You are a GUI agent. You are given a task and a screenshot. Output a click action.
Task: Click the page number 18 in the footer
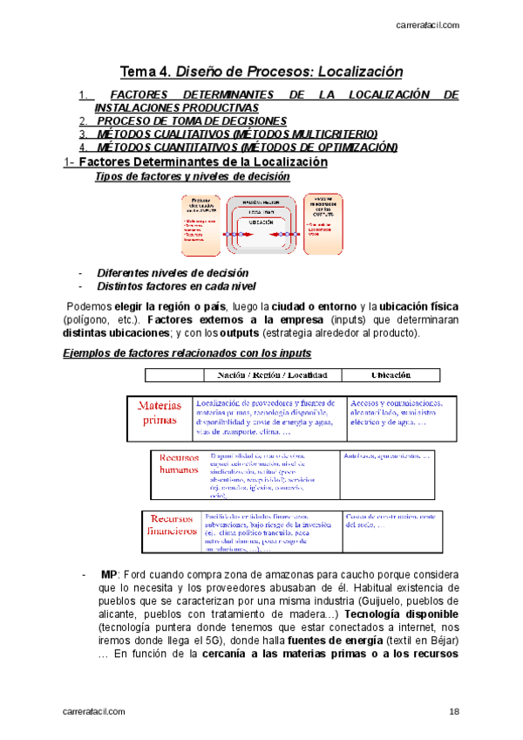[x=454, y=713]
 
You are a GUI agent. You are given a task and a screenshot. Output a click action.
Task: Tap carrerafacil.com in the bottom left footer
[x=94, y=713]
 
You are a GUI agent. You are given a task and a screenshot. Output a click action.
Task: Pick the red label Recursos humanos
[x=179, y=463]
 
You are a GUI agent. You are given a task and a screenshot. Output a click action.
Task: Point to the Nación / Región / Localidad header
[x=265, y=374]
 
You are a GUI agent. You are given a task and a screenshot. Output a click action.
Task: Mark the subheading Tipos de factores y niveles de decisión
[x=192, y=176]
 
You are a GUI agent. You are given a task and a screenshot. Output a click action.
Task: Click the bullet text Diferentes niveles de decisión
[x=173, y=272]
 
